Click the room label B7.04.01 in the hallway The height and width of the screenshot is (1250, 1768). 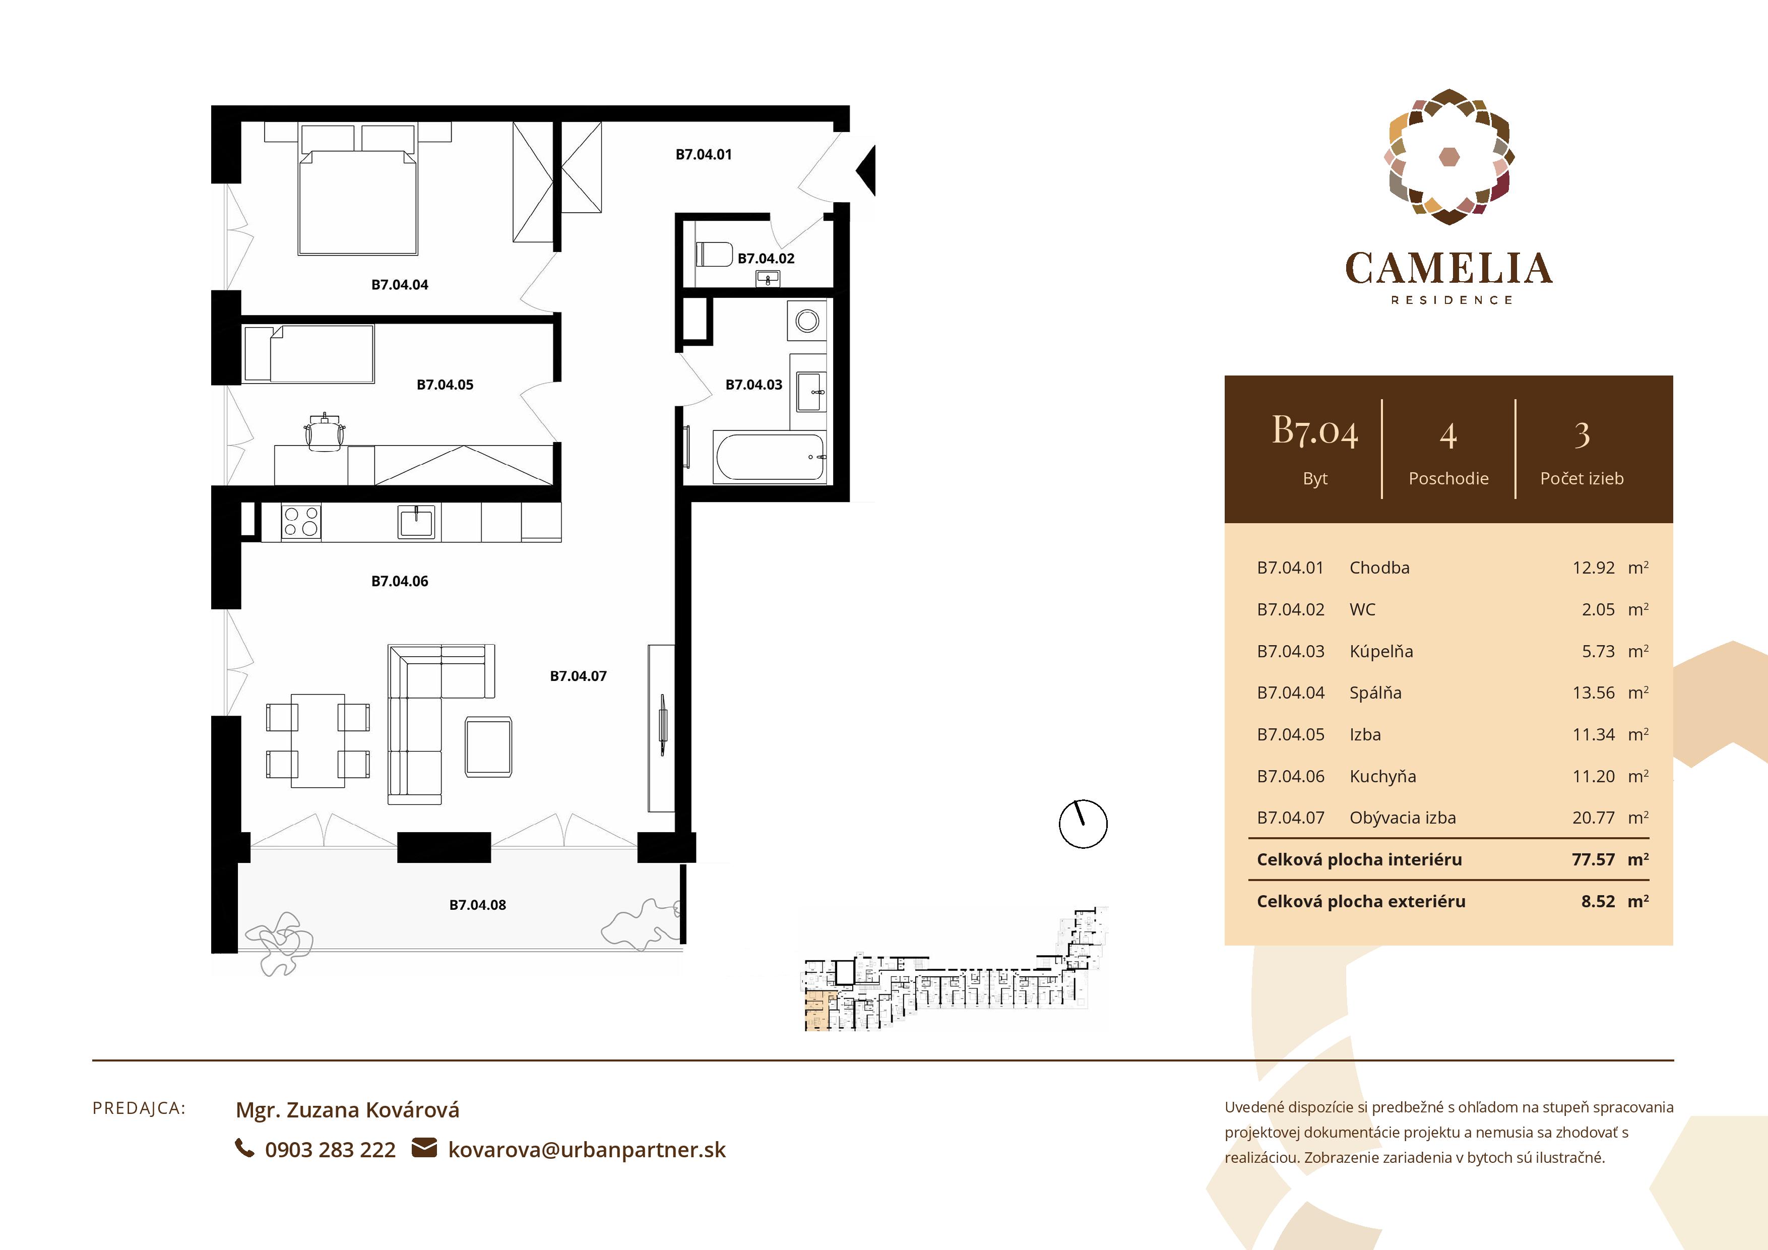[703, 155]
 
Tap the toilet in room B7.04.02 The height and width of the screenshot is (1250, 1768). [714, 254]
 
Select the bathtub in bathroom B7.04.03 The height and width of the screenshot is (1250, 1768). [769, 458]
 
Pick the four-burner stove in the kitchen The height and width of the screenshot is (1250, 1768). [300, 521]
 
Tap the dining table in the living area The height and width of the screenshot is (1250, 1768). [317, 739]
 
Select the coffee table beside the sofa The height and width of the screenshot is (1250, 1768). [488, 746]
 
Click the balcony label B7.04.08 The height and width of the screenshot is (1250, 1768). [477, 905]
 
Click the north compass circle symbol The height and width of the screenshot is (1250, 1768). [1083, 824]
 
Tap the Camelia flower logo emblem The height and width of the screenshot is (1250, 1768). [1448, 157]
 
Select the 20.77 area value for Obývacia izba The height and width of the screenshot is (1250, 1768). [1593, 818]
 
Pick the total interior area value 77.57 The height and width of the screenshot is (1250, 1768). [1593, 859]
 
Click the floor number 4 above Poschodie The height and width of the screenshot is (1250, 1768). [1447, 436]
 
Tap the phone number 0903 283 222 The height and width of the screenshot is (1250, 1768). [330, 1150]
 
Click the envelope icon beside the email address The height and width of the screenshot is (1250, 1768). [424, 1148]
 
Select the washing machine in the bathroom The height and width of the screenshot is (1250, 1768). [807, 321]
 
